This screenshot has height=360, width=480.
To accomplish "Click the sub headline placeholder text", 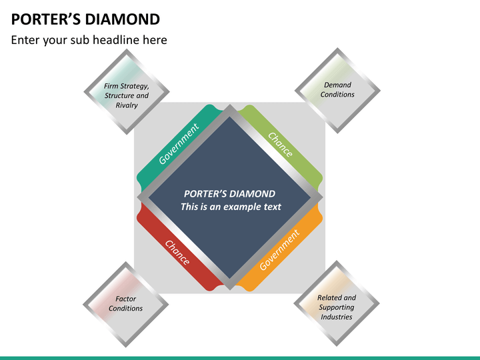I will [x=89, y=40].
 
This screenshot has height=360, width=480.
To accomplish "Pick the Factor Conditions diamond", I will [x=126, y=305].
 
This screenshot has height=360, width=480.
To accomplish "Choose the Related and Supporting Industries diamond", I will [x=337, y=305].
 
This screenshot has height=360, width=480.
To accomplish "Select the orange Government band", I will [x=279, y=250].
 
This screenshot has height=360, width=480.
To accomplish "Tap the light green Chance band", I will [x=280, y=145].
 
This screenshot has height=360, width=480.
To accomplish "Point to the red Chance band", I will [x=177, y=252].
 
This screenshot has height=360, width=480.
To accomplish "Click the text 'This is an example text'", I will [x=231, y=207].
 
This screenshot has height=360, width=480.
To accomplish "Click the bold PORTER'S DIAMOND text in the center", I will [x=229, y=194].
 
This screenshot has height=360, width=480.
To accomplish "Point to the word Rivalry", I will [x=127, y=105].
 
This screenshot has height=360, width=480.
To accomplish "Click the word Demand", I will [x=337, y=85].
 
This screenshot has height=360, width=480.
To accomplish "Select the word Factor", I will [x=126, y=299].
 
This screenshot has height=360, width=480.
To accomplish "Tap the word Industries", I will [x=337, y=317].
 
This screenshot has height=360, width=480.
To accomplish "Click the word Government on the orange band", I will [x=279, y=250].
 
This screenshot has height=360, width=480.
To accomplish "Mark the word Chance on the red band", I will [x=177, y=252].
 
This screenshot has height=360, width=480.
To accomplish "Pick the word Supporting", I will [x=337, y=307].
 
